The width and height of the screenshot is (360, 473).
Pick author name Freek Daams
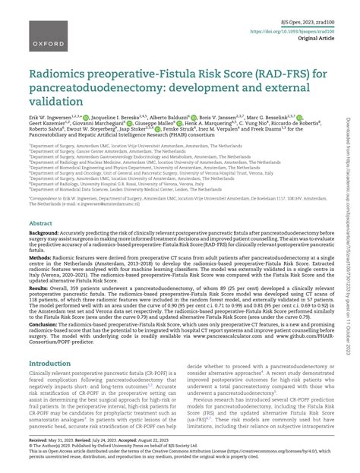(x=279, y=150)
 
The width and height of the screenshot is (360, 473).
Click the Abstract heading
(x=41, y=225)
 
